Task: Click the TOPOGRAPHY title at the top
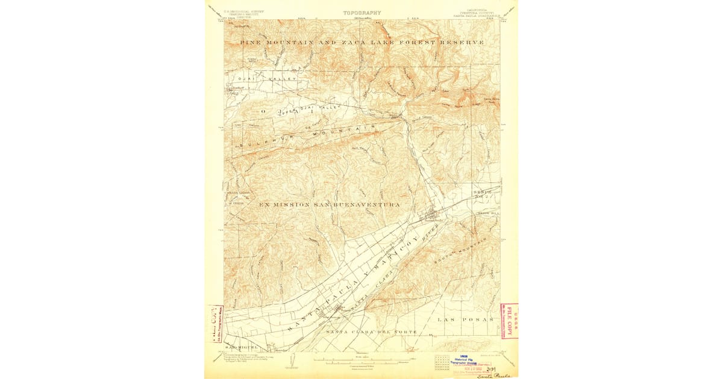click(x=362, y=12)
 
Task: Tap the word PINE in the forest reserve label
click(x=250, y=43)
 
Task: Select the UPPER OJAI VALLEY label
click(x=313, y=109)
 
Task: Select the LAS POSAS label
click(x=465, y=319)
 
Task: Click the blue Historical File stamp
click(x=464, y=359)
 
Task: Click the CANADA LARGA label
click(x=237, y=193)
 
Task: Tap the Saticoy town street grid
click(x=332, y=311)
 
